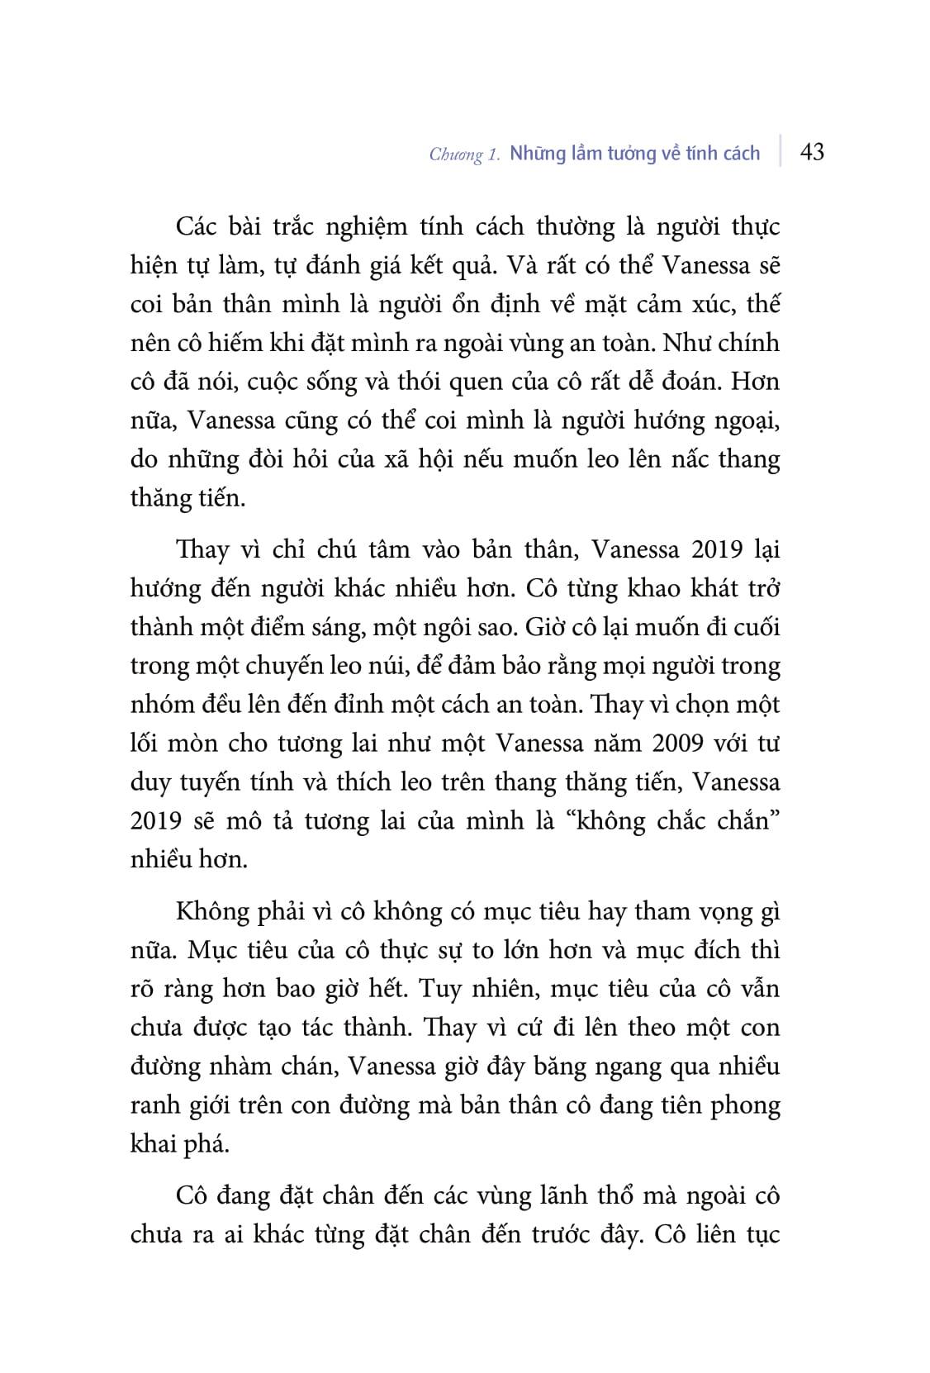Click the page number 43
pos(812,152)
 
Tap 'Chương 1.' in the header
pos(465,154)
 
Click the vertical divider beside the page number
pos(780,152)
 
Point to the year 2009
pos(676,744)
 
